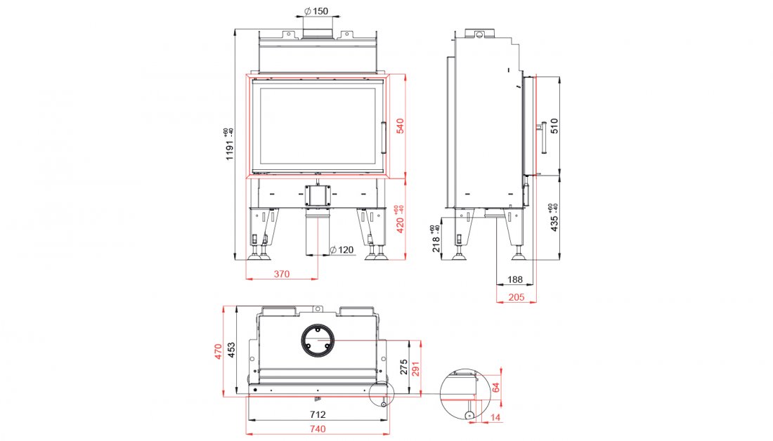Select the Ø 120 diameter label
point(342,251)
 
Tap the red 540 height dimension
point(401,126)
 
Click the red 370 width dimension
point(281,275)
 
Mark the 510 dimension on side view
point(554,126)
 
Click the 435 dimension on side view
point(554,218)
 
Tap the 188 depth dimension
point(515,279)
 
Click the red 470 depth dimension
point(219,350)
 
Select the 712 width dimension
point(317,414)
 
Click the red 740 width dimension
point(317,429)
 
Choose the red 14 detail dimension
point(497,419)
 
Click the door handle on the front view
point(384,138)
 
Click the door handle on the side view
point(543,139)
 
